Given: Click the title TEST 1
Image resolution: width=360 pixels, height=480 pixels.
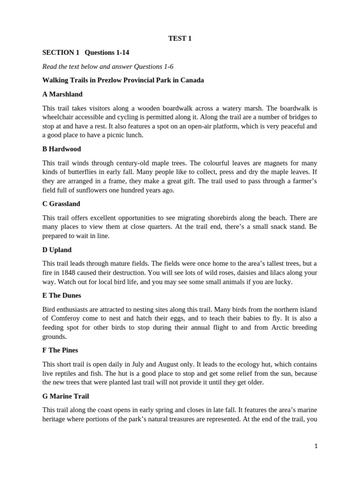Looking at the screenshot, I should (x=180, y=39).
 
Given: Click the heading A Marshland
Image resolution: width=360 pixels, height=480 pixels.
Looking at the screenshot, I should (x=62, y=94).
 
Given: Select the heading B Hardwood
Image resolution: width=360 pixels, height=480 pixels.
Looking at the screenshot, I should (x=61, y=149).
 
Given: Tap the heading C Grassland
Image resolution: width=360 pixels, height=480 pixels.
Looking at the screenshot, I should (x=61, y=204).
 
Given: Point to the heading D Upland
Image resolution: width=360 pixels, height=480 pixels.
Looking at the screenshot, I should (x=57, y=250).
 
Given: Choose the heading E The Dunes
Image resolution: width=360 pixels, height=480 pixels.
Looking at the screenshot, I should (x=61, y=295).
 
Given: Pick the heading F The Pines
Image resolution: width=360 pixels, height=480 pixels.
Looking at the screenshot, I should (x=60, y=350).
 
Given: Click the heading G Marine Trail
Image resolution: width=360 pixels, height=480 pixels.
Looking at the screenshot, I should (x=66, y=396).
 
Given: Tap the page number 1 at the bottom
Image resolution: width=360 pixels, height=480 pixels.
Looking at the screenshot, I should (x=316, y=447).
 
